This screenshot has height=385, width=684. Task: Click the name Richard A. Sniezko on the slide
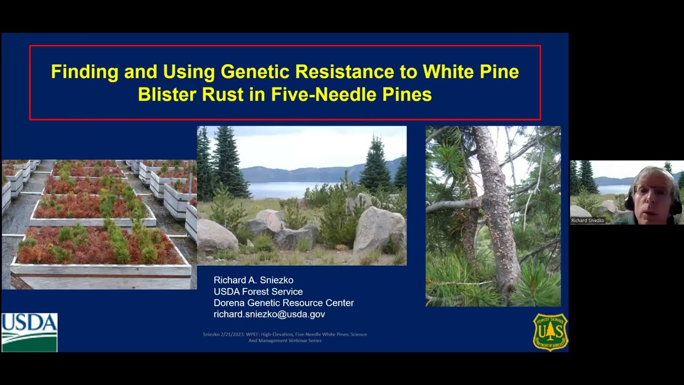point(253,280)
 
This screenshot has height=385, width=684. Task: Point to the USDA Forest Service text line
point(258,291)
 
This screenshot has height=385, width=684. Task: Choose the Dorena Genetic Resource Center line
point(283,303)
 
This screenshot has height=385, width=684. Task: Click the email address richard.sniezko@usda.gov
point(269,314)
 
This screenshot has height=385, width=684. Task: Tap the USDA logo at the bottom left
point(29,332)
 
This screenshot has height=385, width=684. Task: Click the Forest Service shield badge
point(550,332)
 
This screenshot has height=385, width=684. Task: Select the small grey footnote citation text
point(284,337)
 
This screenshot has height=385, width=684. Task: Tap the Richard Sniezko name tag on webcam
point(587,220)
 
